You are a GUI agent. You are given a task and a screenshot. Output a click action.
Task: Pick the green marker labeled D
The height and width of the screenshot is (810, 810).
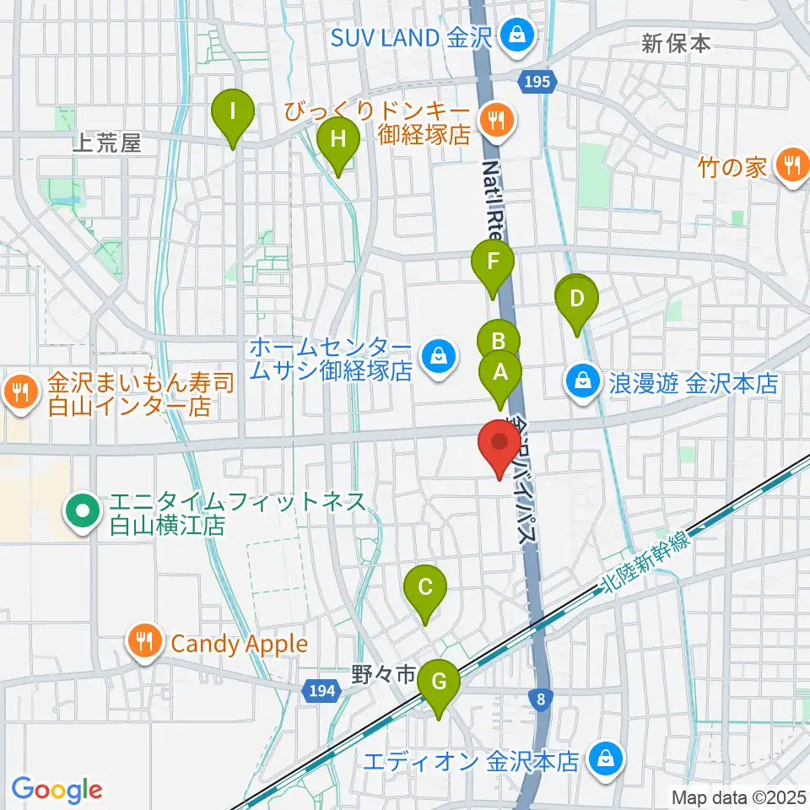(x=577, y=300)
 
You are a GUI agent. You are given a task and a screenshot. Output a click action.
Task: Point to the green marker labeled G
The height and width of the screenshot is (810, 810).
(x=439, y=682)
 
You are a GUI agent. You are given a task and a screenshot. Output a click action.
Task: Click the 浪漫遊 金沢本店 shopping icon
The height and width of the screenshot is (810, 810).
(x=583, y=383)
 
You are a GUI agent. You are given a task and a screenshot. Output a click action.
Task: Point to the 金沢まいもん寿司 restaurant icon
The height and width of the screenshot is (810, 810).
(x=18, y=391)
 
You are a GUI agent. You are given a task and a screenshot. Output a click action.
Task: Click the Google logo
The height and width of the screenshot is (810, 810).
(x=57, y=790)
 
